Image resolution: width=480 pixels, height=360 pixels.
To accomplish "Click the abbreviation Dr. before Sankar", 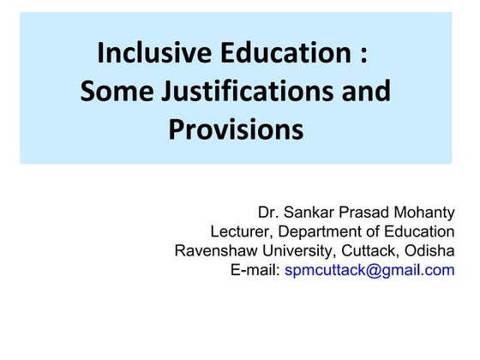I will point(269,212).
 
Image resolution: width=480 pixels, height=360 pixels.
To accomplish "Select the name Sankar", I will point(310,212).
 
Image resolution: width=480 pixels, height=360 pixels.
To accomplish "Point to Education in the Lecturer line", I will point(419,231).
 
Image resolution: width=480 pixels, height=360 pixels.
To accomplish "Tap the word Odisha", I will point(429,251).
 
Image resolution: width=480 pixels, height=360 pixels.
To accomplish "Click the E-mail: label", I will point(255,271).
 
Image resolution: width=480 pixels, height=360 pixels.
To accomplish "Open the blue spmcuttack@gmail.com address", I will point(369,271).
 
